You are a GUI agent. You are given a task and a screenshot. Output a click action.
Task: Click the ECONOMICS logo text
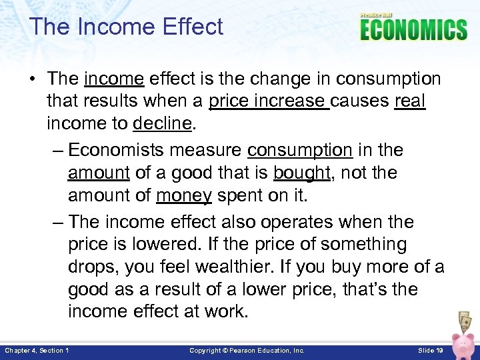413,30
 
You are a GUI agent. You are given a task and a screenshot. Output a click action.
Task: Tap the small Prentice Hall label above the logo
377,15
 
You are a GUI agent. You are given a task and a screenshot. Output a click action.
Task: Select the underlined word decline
163,124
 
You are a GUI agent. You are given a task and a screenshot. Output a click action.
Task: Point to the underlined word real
410,101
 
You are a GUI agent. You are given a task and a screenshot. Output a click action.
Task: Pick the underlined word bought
301,173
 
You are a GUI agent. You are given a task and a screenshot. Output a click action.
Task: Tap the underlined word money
184,196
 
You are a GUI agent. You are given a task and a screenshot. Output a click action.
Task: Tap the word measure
208,149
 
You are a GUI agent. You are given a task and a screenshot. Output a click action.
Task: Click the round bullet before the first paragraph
33,79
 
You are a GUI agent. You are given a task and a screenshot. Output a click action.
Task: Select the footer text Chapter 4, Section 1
37,350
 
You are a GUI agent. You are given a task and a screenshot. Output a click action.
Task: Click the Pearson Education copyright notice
247,350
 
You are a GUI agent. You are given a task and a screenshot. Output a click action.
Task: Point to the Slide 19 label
431,350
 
